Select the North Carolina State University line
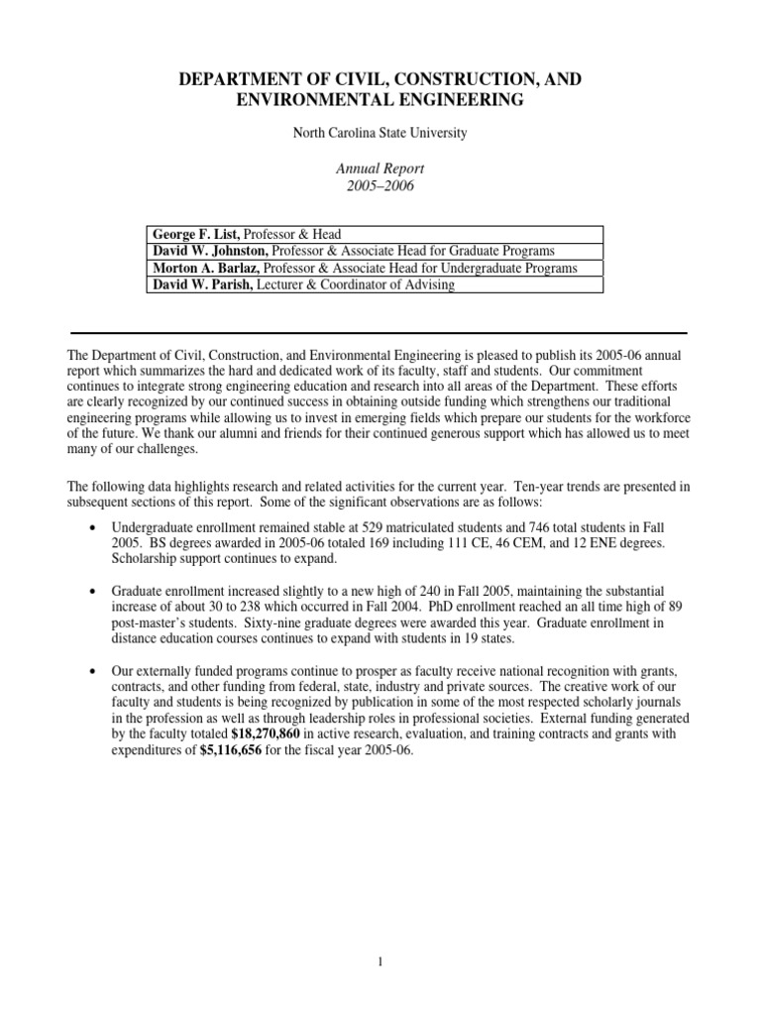(380, 132)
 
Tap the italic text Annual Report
(380, 169)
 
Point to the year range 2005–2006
(380, 186)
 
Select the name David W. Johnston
(209, 251)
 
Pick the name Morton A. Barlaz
(207, 269)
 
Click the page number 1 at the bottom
(380, 959)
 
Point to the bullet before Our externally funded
(92, 670)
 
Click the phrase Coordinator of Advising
(392, 285)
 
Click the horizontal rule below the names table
(380, 332)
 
